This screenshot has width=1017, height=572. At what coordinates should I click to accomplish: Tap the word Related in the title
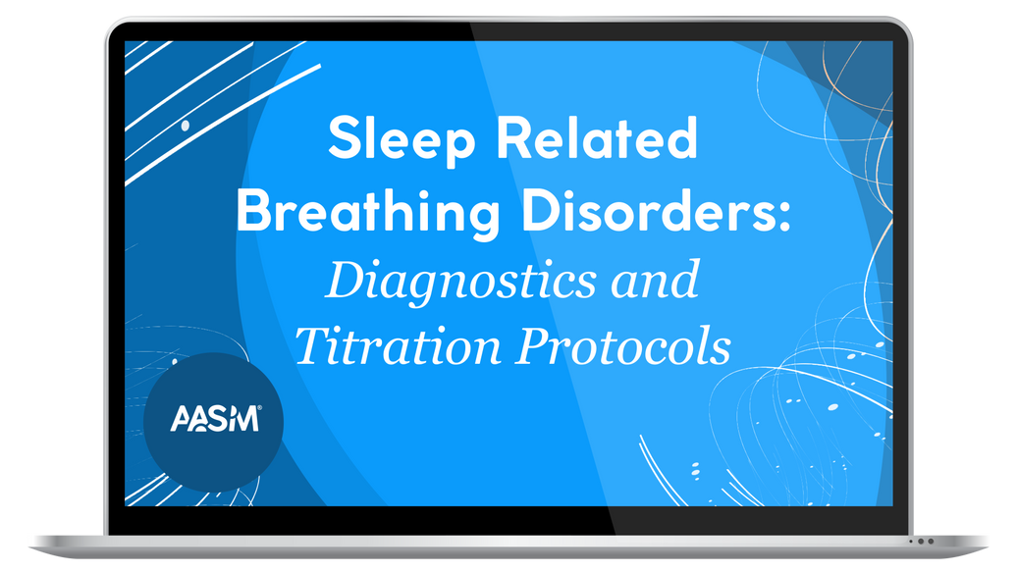[x=596, y=139]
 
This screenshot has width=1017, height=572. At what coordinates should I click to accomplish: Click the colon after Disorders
[x=783, y=216]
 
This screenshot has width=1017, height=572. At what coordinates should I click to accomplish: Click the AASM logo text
[x=213, y=420]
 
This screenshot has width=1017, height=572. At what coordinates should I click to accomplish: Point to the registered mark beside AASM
[x=259, y=410]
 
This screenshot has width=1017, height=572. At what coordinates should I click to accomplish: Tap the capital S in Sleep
[x=345, y=139]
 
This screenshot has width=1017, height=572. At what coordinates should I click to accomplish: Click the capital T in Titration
[x=310, y=345]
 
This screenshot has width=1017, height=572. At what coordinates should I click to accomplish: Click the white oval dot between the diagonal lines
[x=186, y=126]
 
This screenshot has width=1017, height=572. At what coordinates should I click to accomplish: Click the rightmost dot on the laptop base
[x=930, y=541]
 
